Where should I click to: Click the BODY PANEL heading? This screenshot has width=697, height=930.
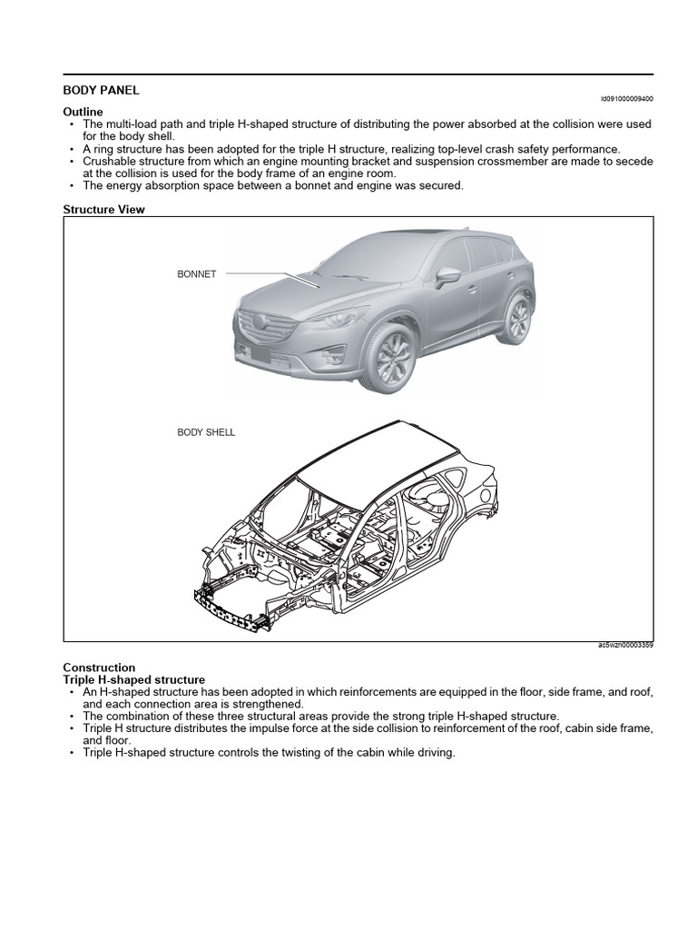coord(101,91)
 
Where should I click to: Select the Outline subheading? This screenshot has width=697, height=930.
coord(83,111)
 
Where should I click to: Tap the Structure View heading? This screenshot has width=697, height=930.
coord(103,209)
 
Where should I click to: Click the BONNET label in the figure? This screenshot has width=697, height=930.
coord(196,274)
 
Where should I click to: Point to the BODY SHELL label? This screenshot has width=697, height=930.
coord(206,432)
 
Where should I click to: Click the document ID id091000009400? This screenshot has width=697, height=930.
coord(626,98)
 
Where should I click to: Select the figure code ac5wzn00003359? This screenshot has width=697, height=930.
coord(625,646)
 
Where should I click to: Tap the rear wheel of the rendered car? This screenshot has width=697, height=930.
coord(517,319)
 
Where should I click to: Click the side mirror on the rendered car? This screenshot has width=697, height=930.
coord(447,276)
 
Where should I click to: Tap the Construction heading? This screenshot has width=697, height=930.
coord(99,668)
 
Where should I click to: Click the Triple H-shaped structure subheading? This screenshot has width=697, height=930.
coord(133,679)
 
